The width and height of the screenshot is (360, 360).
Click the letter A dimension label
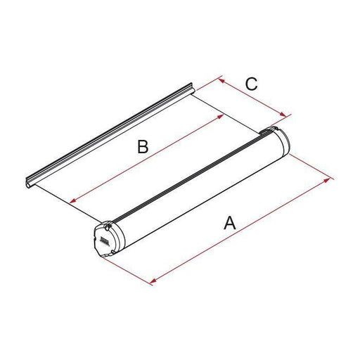229,224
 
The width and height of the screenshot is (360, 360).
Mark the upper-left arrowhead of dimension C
221,81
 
